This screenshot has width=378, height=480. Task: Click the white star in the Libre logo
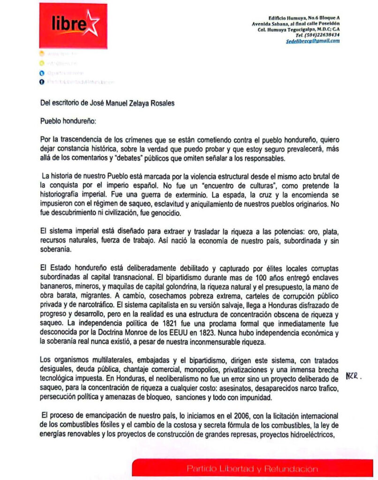[x=92, y=23]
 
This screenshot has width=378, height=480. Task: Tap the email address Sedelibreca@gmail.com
[x=313, y=41]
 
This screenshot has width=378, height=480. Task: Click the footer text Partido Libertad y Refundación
[x=252, y=468]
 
